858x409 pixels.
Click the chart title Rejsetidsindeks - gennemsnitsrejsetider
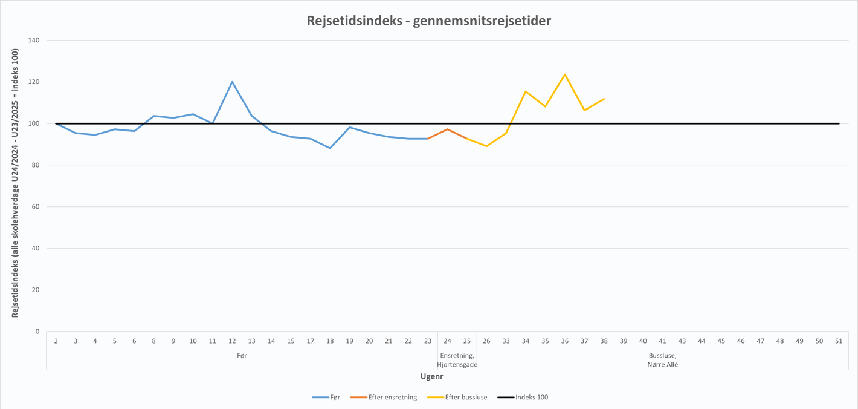(428, 21)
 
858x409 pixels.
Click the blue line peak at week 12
(232, 82)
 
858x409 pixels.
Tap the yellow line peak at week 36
(564, 74)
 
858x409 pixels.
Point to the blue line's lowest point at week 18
(330, 148)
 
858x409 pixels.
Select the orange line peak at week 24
(447, 129)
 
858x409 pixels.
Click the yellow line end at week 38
(604, 99)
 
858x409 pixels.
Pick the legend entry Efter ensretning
(392, 398)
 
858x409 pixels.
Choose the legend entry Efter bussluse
(466, 398)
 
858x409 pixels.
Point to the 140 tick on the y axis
(34, 41)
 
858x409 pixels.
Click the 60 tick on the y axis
(36, 207)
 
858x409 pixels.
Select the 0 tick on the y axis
(37, 332)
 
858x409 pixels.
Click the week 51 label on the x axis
(839, 341)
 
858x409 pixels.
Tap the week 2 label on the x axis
(56, 341)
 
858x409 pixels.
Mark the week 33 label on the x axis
(506, 341)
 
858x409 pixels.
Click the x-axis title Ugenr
(432, 376)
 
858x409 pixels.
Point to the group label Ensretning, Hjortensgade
(457, 360)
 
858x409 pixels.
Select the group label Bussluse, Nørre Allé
(662, 360)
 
